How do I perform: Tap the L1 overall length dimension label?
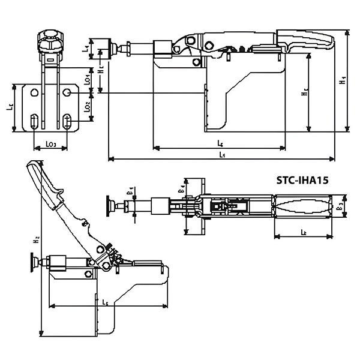tap(221, 154)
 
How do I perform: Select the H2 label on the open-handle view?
tap(37, 239)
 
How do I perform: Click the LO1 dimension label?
tap(87, 77)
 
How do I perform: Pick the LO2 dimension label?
tap(87, 107)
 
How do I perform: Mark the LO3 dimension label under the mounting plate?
tap(51, 144)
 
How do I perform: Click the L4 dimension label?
tap(86, 46)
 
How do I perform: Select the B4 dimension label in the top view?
tap(181, 191)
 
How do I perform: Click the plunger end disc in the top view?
tap(110, 207)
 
